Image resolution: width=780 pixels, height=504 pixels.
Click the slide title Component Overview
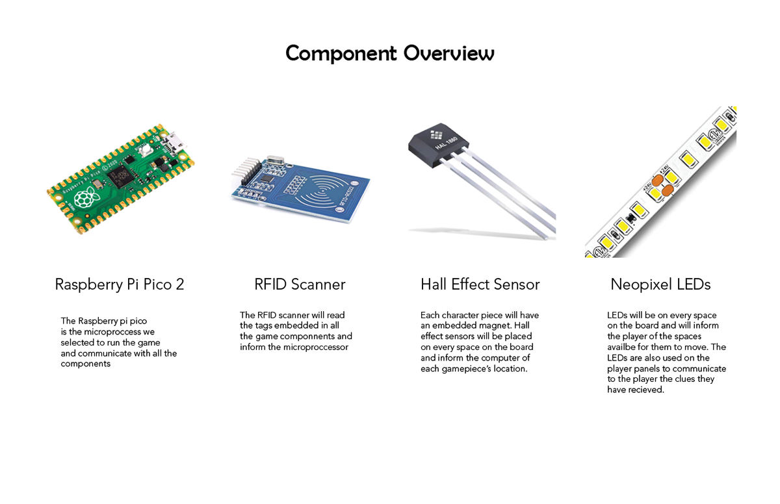390,53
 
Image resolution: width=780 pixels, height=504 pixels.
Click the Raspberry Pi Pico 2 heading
120,284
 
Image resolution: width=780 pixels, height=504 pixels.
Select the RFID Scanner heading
300,284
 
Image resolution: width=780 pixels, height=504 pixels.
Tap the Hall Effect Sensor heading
480,284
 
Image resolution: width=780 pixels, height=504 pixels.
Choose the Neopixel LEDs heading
660,284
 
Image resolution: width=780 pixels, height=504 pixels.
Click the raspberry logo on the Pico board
85,197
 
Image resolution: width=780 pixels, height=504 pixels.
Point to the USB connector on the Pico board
174,139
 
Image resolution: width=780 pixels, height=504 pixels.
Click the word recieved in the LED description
646,390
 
